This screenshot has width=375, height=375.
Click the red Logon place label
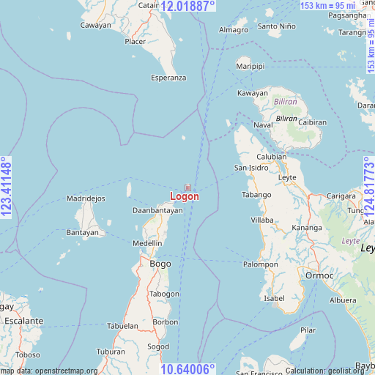pyautogui.click(x=184, y=196)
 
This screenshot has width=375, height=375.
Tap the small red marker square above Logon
pyautogui.click(x=187, y=187)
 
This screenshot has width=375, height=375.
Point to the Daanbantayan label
pyautogui.click(x=157, y=210)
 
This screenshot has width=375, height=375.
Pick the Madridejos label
pyautogui.click(x=86, y=198)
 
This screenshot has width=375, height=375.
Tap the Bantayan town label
pyautogui.click(x=82, y=232)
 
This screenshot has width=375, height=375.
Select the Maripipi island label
pyautogui.click(x=250, y=67)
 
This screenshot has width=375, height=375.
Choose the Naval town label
pyautogui.click(x=263, y=125)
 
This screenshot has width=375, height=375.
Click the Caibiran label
pyautogui.click(x=312, y=122)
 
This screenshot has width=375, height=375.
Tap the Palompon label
pyautogui.click(x=261, y=264)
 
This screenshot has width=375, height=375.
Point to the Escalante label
pyautogui.click(x=24, y=321)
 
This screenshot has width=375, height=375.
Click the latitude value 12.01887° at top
pyautogui.click(x=187, y=6)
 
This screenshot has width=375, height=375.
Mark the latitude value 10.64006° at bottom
pyautogui.click(x=187, y=368)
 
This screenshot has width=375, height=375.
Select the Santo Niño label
pyautogui.click(x=278, y=26)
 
